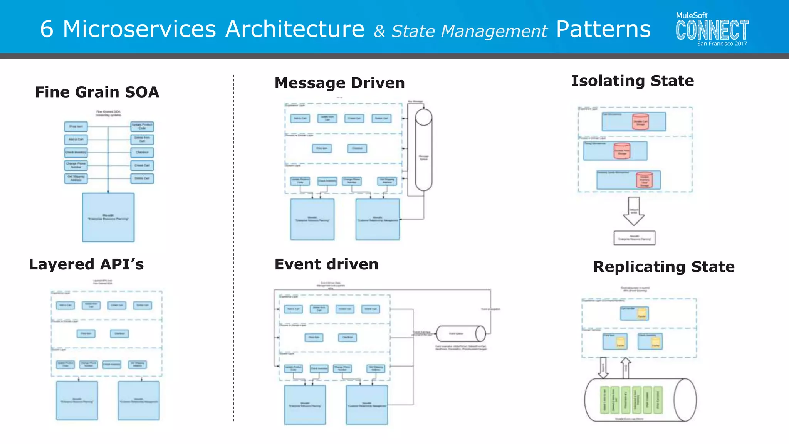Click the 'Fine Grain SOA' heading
tap(97, 92)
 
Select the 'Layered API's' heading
tap(86, 265)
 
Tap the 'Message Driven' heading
tap(339, 83)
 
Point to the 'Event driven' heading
tap(326, 265)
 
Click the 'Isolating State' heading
tap(632, 81)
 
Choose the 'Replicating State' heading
tap(664, 267)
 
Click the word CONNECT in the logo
tap(712, 30)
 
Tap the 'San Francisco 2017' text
tap(722, 44)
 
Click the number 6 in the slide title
tap(47, 29)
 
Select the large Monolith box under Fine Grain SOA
tap(108, 217)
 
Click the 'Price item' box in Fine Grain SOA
tap(76, 126)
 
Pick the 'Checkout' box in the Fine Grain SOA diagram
tap(142, 152)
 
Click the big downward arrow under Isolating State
tap(634, 211)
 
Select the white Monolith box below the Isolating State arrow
tap(634, 238)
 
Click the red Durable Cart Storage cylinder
tap(640, 122)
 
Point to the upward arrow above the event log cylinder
tap(626, 367)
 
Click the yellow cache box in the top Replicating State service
tap(641, 313)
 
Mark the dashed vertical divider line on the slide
tap(234, 247)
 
